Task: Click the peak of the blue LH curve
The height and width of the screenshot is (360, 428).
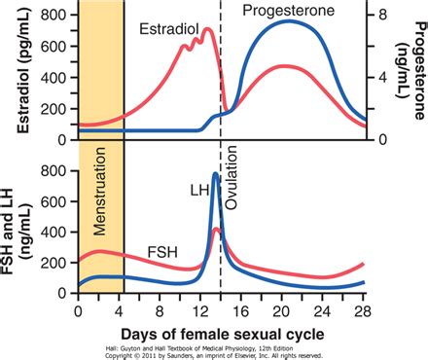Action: click(216, 175)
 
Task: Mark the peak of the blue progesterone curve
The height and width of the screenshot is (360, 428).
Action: click(289, 21)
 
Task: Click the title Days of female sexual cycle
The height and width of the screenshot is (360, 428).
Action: click(222, 332)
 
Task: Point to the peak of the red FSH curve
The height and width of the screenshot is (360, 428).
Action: click(216, 230)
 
